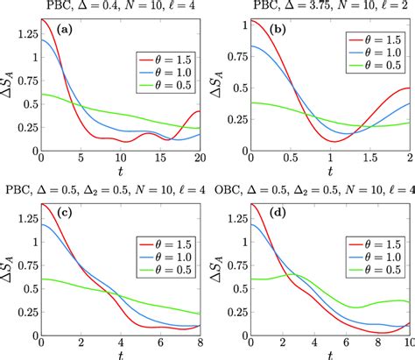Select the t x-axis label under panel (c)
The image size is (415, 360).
[x=121, y=355]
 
